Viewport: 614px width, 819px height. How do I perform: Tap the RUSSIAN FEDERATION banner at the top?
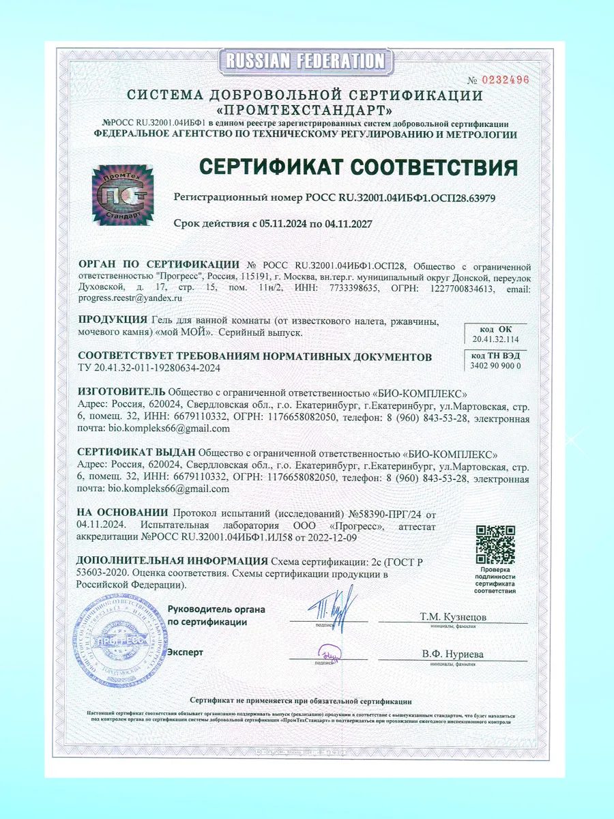point(306,61)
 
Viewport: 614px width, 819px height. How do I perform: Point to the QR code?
point(495,544)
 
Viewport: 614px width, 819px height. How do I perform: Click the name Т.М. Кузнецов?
point(453,616)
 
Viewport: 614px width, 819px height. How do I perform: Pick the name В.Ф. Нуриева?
point(452,654)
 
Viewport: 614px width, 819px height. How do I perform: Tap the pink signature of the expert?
point(331,653)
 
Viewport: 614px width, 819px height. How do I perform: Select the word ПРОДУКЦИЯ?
point(113,320)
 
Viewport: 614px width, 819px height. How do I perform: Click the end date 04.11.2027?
point(340,223)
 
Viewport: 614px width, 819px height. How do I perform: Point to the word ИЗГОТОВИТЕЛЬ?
point(121,392)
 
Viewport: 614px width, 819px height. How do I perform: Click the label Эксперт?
point(186,652)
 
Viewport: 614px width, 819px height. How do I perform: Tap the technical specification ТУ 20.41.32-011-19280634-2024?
point(149,369)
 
